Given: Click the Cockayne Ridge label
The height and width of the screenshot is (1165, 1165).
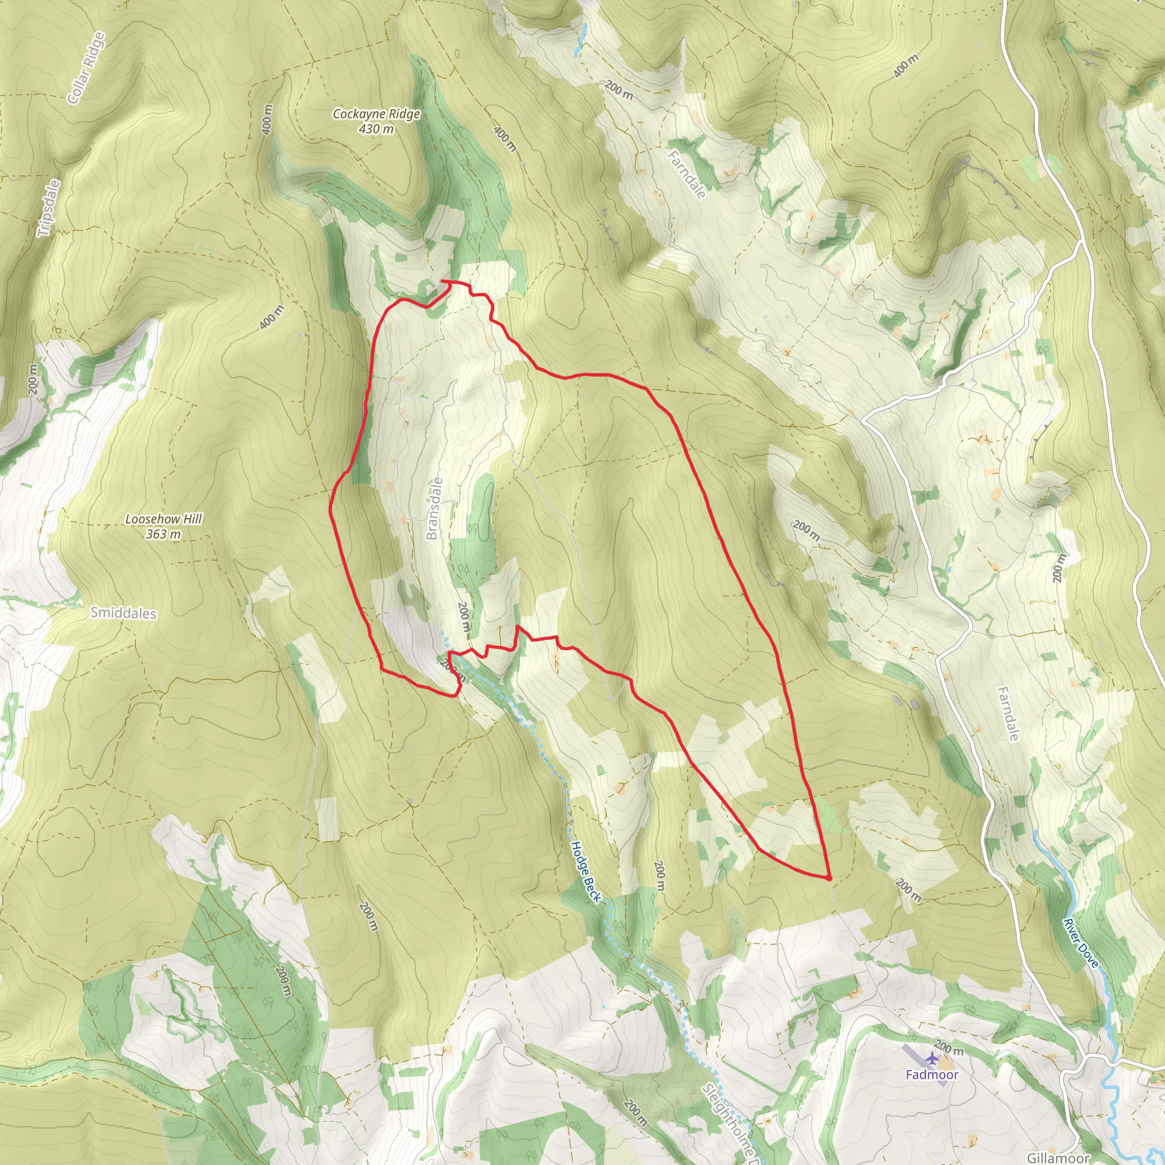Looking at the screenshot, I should [x=376, y=113].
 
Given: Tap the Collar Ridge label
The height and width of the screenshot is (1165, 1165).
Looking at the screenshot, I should [x=87, y=68].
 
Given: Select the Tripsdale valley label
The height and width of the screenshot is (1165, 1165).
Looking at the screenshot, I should [x=48, y=208].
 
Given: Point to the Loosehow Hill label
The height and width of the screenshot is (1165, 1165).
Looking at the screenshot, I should [x=163, y=519].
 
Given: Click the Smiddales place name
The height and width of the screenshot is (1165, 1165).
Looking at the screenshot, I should [x=123, y=613].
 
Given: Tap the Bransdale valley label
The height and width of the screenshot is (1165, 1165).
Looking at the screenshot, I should [x=434, y=509].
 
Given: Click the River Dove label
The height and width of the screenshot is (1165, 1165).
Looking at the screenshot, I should [x=1081, y=943].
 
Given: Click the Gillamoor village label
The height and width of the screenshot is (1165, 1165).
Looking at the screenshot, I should [x=1058, y=1158].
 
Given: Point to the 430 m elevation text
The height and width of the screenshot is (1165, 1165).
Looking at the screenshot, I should [x=376, y=129].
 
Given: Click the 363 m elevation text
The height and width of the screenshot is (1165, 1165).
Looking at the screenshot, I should [x=163, y=534].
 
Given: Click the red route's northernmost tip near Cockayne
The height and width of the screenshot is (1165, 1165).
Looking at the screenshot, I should [x=444, y=281].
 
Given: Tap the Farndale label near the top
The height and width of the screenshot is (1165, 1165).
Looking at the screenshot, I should [x=687, y=175].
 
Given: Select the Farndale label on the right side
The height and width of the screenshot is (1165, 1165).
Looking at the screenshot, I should [x=1007, y=714].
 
